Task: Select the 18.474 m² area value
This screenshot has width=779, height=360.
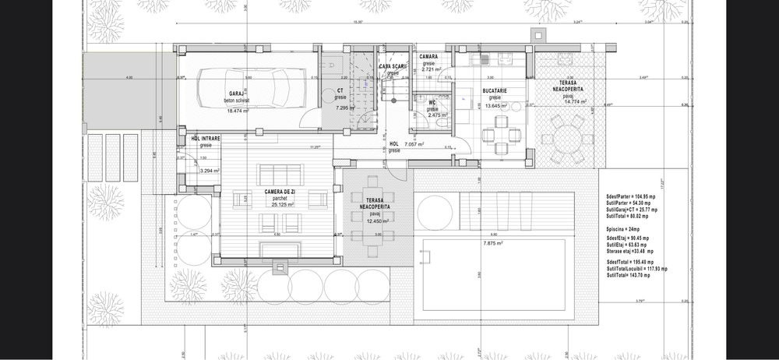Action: pos(238,111)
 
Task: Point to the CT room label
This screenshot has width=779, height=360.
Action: pos(340,90)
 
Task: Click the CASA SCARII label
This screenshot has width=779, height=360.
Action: pos(393,66)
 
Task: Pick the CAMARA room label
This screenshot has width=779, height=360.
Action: pos(429,57)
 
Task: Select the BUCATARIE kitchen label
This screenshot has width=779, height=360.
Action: pos(494,90)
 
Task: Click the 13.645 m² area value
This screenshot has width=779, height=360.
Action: pos(496,105)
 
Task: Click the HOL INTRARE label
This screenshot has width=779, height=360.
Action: pos(206,139)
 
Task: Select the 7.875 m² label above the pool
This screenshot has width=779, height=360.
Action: pos(495,243)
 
